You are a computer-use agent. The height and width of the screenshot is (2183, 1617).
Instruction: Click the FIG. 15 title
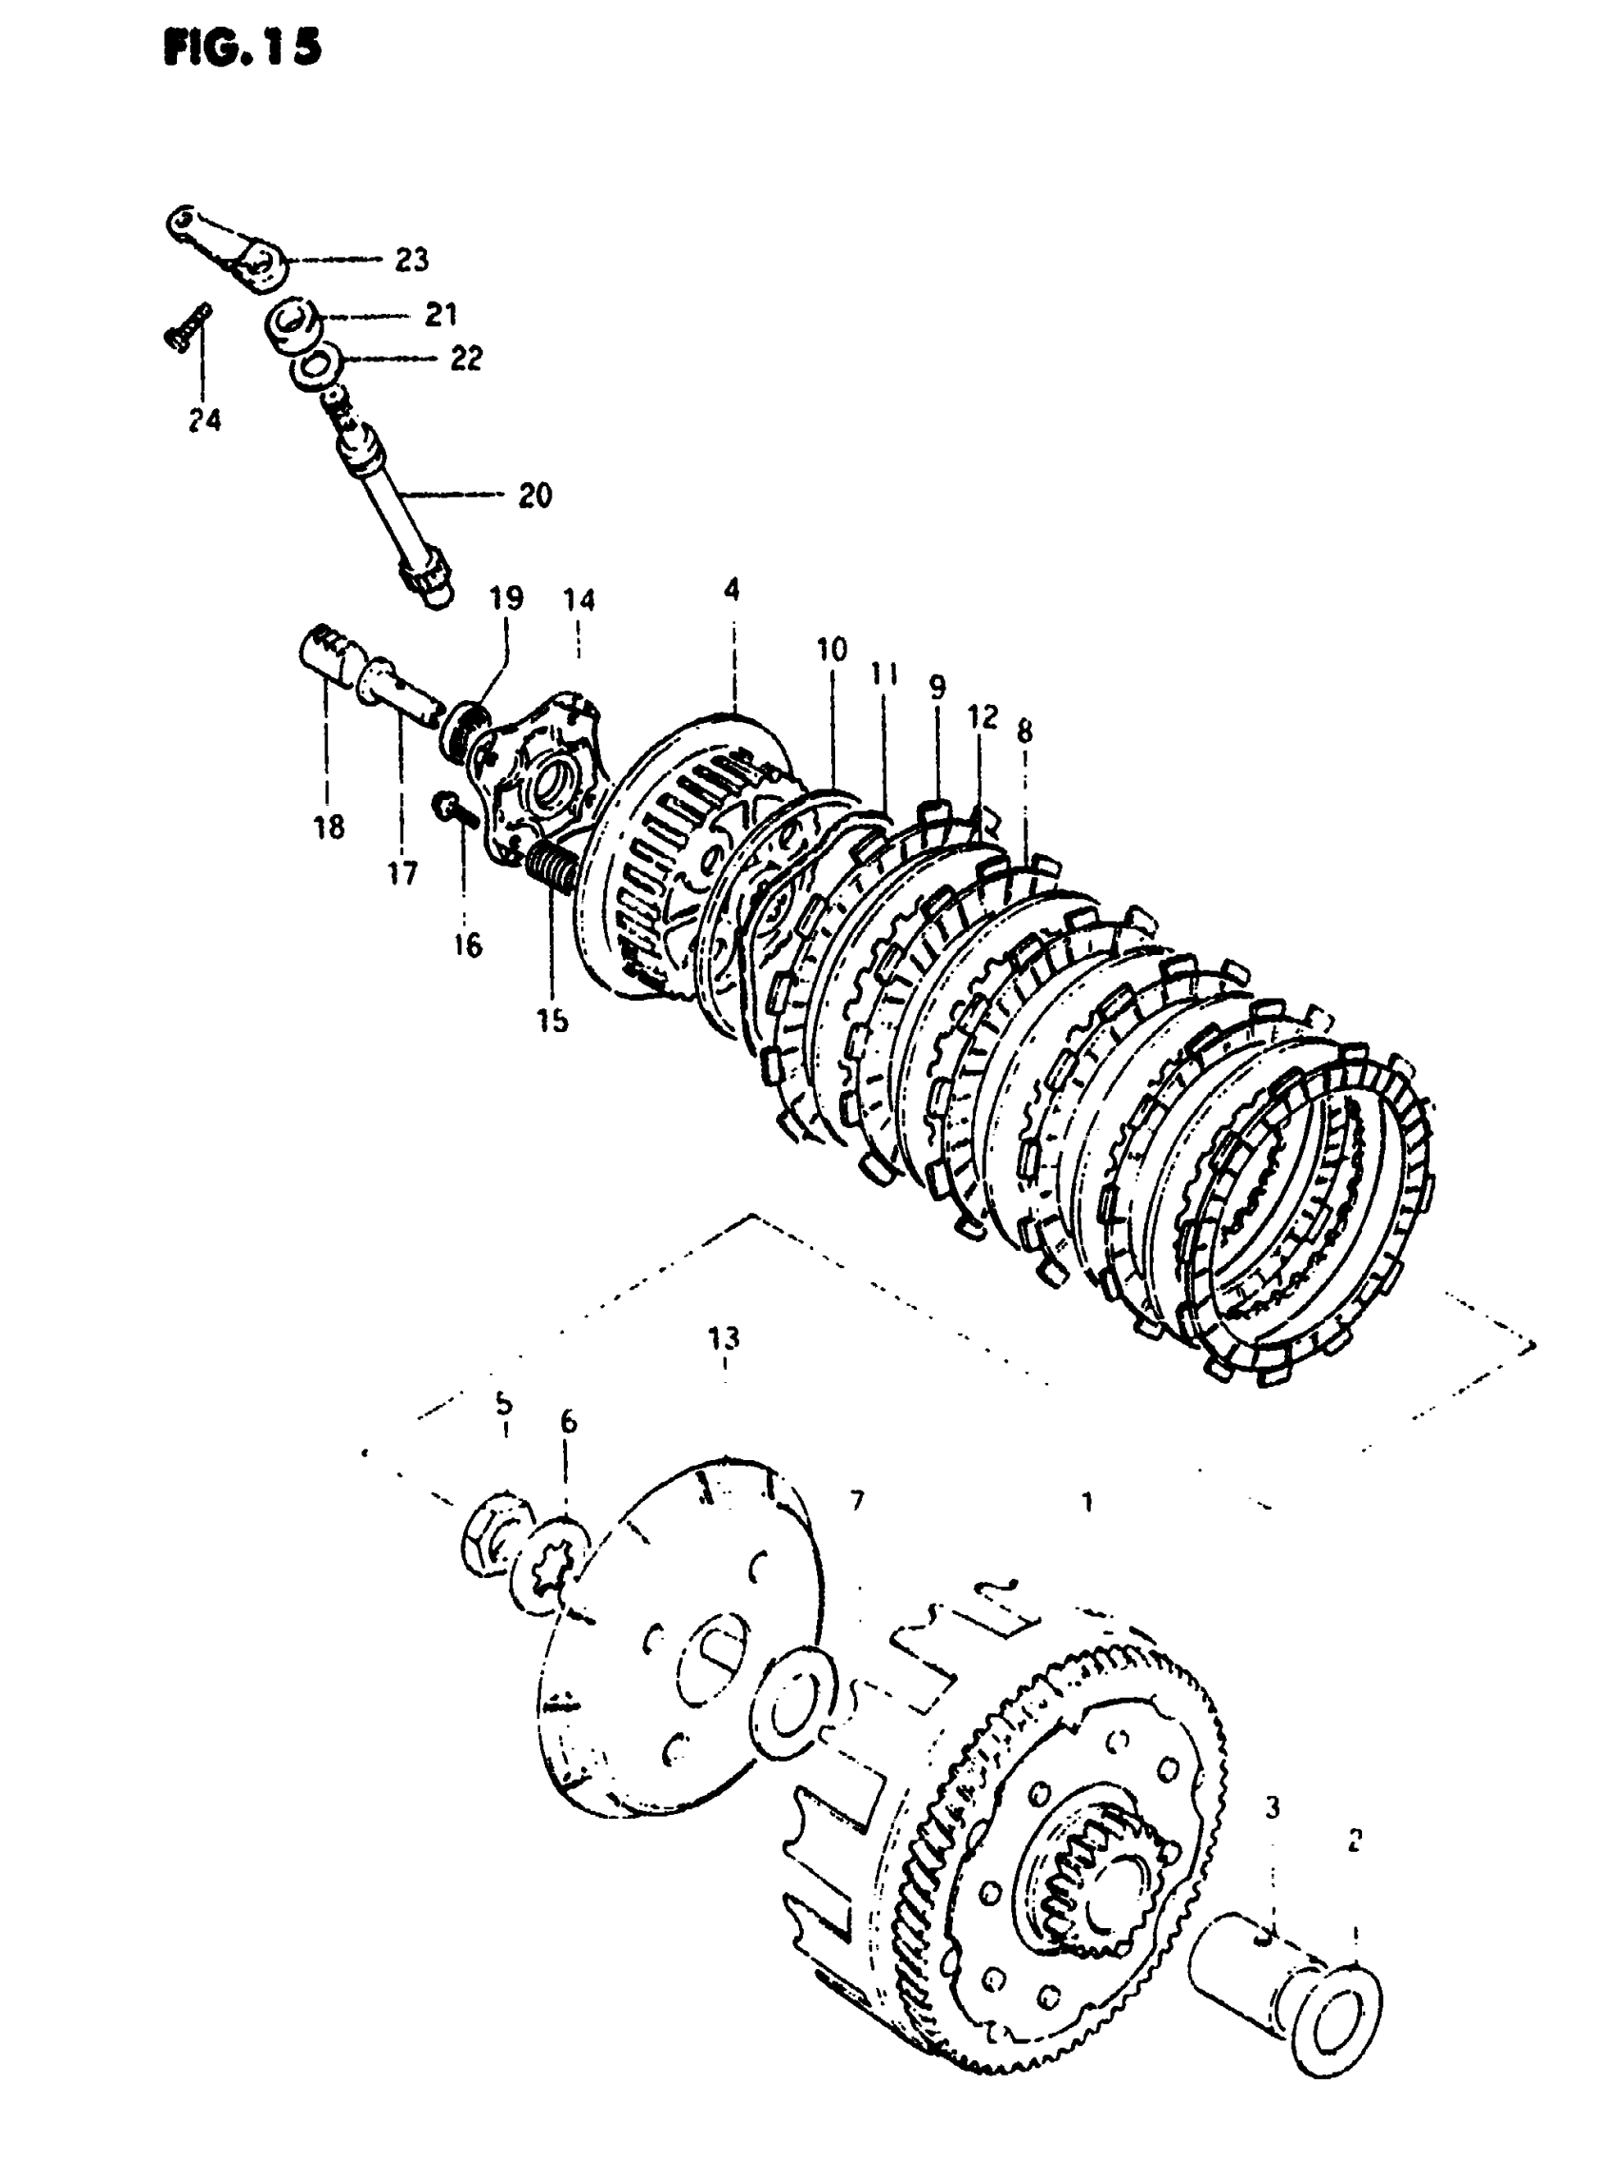[243, 48]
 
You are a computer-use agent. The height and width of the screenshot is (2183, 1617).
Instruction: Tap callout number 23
[411, 261]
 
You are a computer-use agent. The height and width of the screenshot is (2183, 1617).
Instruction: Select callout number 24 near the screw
[205, 421]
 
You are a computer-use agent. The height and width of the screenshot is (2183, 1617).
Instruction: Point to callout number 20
[535, 497]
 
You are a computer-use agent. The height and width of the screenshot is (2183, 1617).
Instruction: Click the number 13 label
[725, 1338]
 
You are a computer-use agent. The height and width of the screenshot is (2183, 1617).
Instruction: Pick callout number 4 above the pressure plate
[732, 590]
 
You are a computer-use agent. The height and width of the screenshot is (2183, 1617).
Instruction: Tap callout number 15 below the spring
[552, 1020]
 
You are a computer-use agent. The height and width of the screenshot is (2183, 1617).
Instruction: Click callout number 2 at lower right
[1354, 1841]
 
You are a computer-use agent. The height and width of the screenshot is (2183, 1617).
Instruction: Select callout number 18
[329, 828]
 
